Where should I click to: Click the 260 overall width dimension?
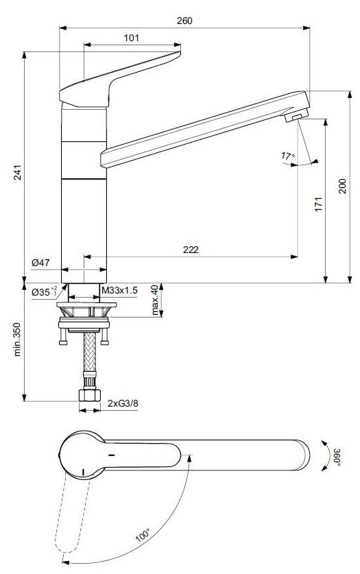[x=184, y=21]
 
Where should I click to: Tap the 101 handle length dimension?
[x=132, y=38]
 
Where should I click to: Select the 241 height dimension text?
[x=17, y=172]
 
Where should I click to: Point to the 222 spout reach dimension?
[x=191, y=250]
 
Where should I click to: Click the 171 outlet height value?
[x=319, y=204]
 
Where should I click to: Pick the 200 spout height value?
[x=342, y=186]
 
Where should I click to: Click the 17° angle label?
[x=288, y=156]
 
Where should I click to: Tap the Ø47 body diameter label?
[x=40, y=263]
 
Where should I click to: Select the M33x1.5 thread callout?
[x=119, y=291]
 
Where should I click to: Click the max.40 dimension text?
[x=156, y=300]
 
